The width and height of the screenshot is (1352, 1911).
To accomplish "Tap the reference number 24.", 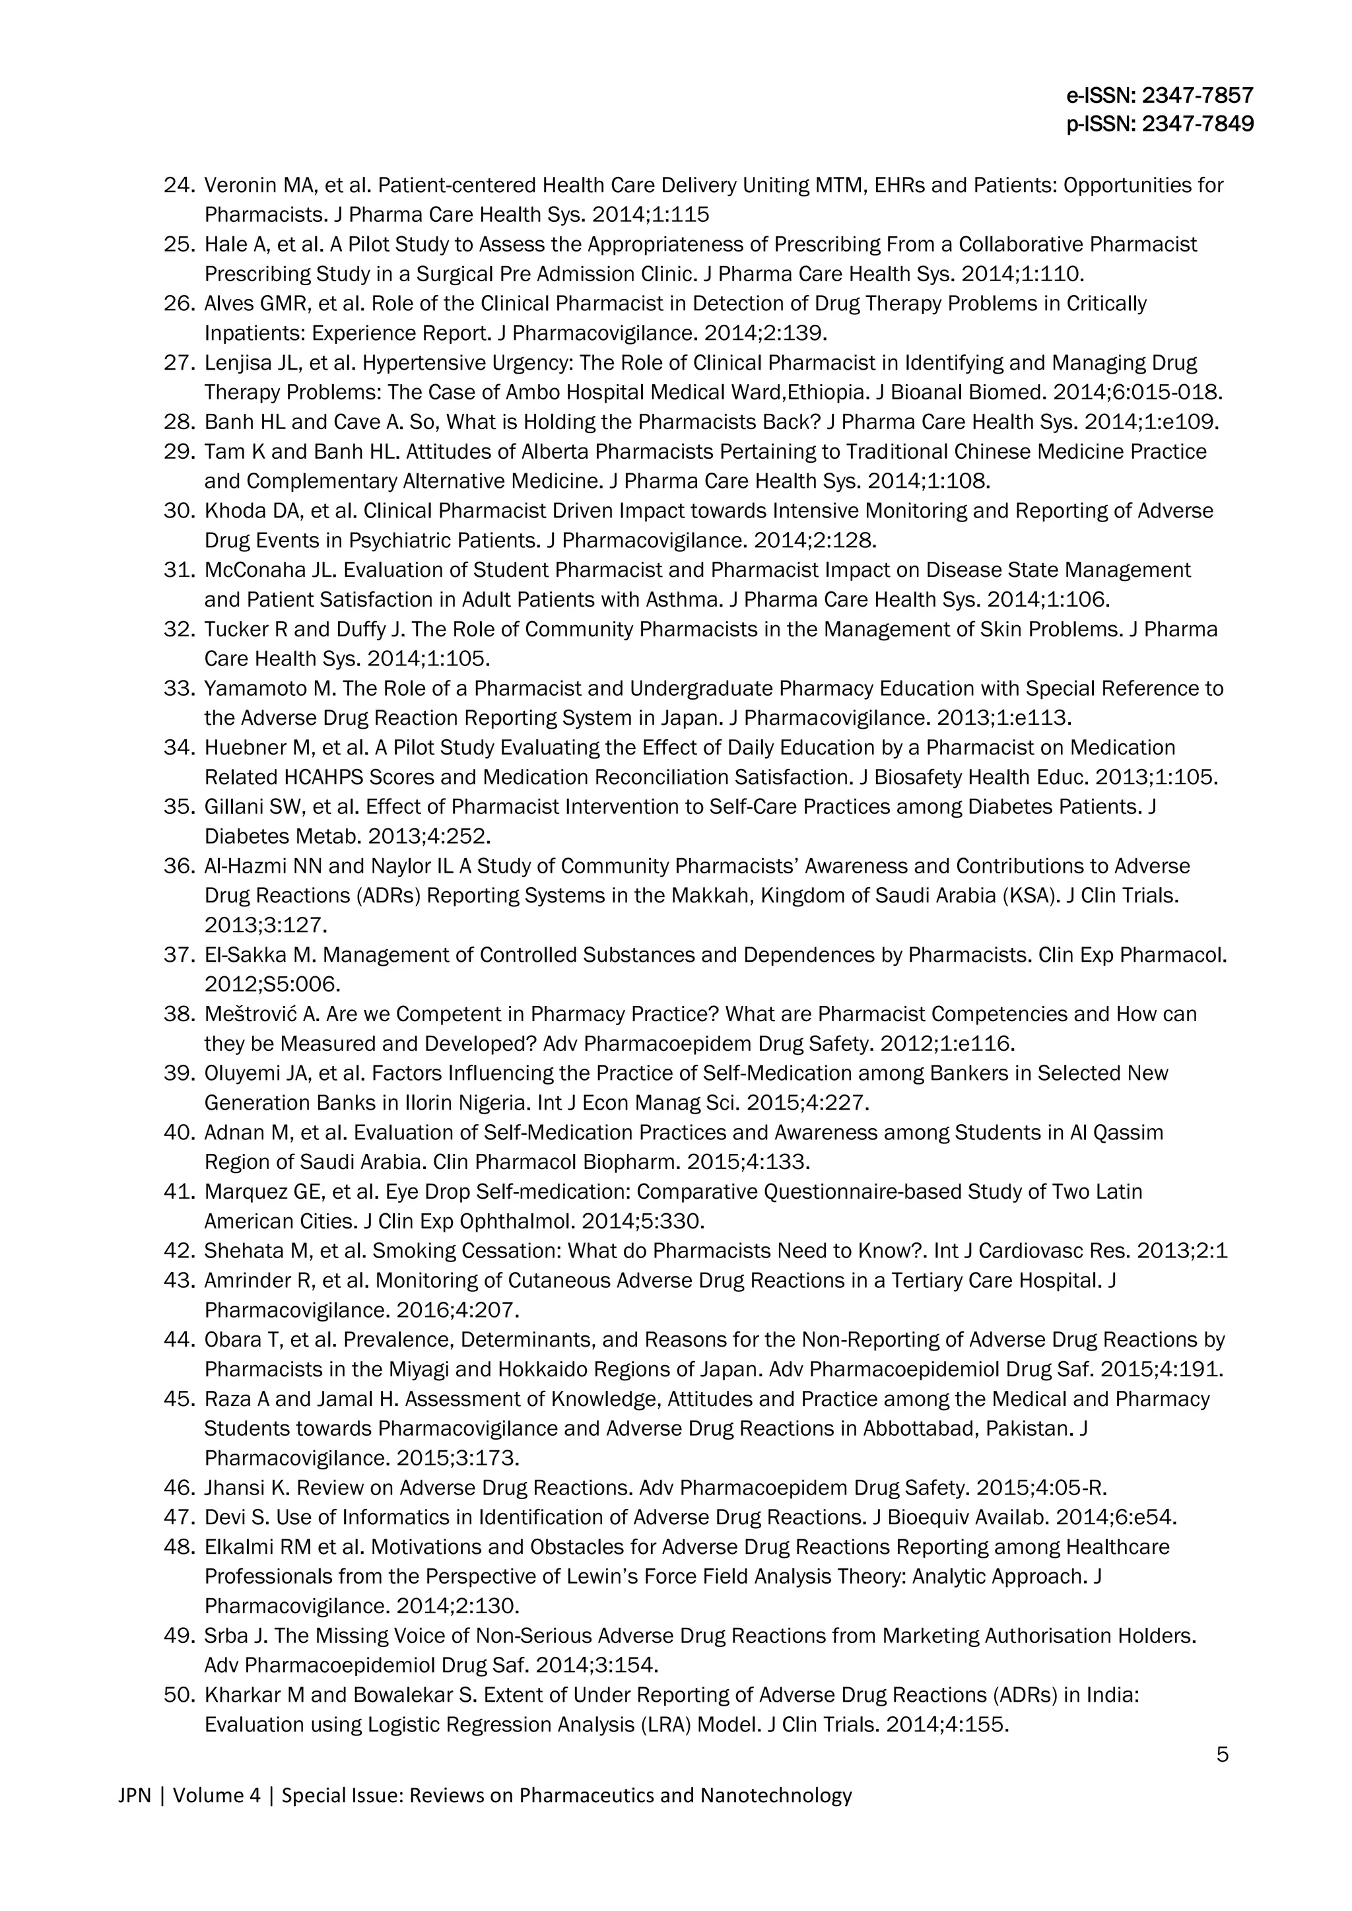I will pos(179,185).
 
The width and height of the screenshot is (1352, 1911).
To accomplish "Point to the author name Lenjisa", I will pos(232,363).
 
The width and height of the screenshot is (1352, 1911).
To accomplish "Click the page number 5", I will pos(1222,1755).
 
